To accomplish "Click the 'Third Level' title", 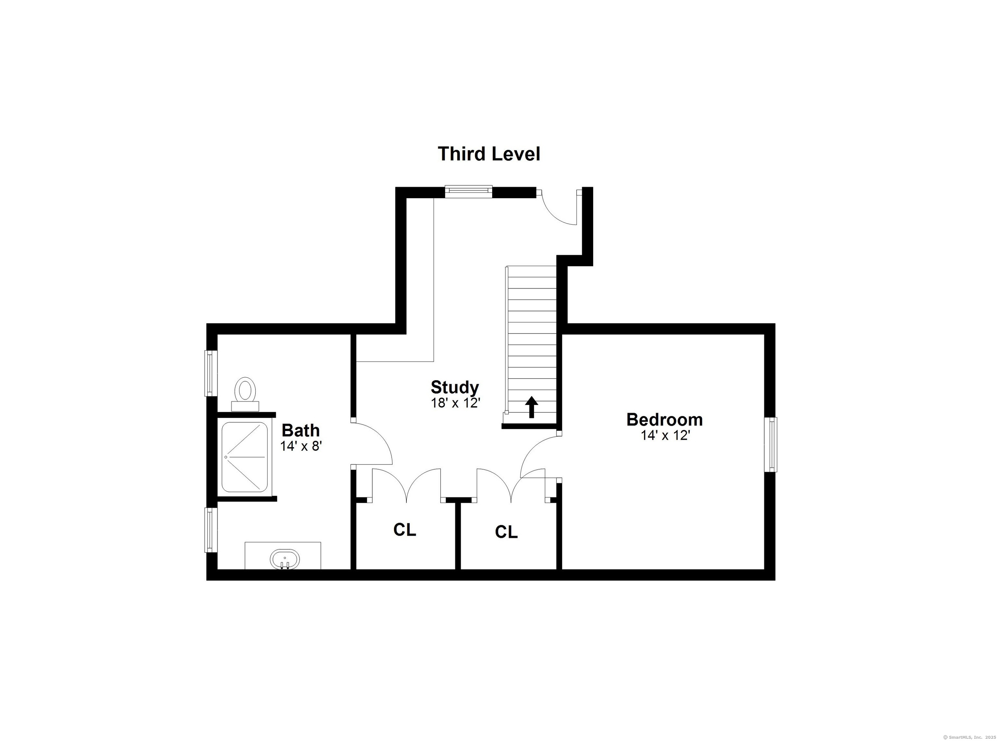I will tap(489, 154).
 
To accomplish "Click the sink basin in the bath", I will tap(284, 559).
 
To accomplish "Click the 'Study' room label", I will tap(454, 387).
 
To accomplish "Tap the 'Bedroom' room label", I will tap(664, 419).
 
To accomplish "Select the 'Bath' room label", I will tap(301, 430).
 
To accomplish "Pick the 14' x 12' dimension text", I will tap(664, 435).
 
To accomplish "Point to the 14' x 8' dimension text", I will tap(301, 446).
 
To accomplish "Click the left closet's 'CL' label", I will tap(404, 530).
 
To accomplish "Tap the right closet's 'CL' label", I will tap(506, 532).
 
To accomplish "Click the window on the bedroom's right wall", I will tap(770, 444).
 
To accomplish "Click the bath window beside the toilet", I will tap(211, 373).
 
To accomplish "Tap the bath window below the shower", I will tap(211, 530).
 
